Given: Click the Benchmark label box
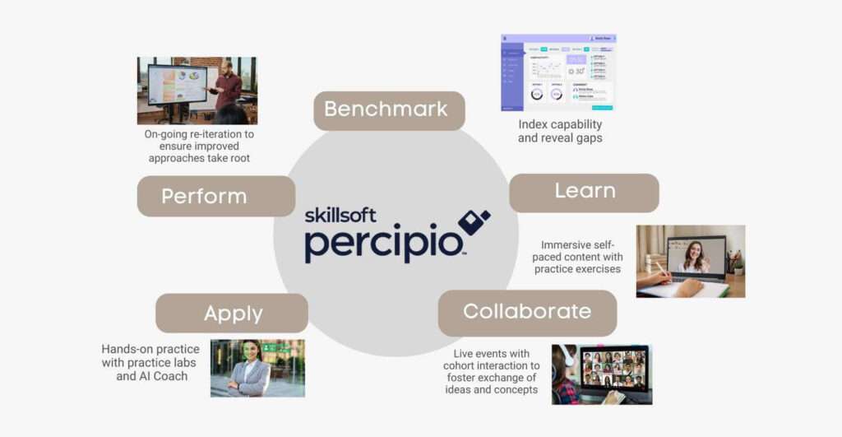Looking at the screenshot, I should (x=389, y=109).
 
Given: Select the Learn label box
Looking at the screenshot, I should (x=584, y=192).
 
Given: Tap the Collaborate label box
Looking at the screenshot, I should (x=527, y=312).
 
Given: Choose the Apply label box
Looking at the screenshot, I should (x=232, y=314).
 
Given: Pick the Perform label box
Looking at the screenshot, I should (x=215, y=197).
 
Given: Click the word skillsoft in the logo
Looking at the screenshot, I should (x=340, y=216).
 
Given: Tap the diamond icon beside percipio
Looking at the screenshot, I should (x=473, y=221).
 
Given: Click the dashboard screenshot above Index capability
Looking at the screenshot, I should (x=558, y=72).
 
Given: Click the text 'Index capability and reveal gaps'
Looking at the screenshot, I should (x=560, y=132).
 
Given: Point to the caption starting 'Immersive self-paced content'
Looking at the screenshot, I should (x=576, y=257).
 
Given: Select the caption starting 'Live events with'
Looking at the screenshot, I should (x=491, y=371).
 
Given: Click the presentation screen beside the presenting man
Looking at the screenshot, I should (x=177, y=85).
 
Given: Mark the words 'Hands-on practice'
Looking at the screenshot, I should (x=150, y=349).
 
